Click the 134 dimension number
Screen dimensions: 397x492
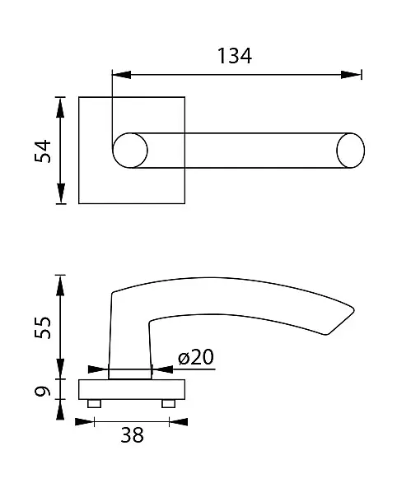234,56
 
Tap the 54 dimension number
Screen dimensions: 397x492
42,151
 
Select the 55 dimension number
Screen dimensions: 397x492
42,327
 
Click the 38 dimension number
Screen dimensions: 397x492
132,435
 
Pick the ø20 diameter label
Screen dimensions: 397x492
196,357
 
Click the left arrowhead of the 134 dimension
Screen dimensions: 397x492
121,75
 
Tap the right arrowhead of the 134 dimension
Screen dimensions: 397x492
351,75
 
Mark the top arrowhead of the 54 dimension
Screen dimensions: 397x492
60,107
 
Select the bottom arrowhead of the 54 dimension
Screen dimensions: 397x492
60,193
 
